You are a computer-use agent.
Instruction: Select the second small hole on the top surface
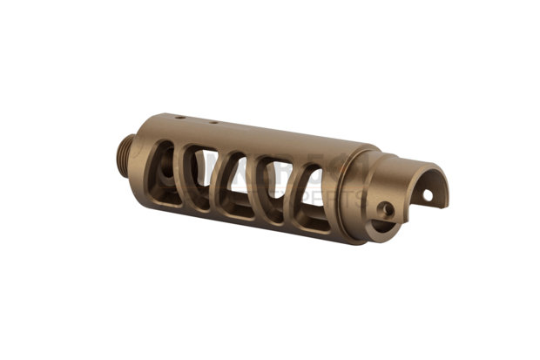(x=212, y=123)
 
